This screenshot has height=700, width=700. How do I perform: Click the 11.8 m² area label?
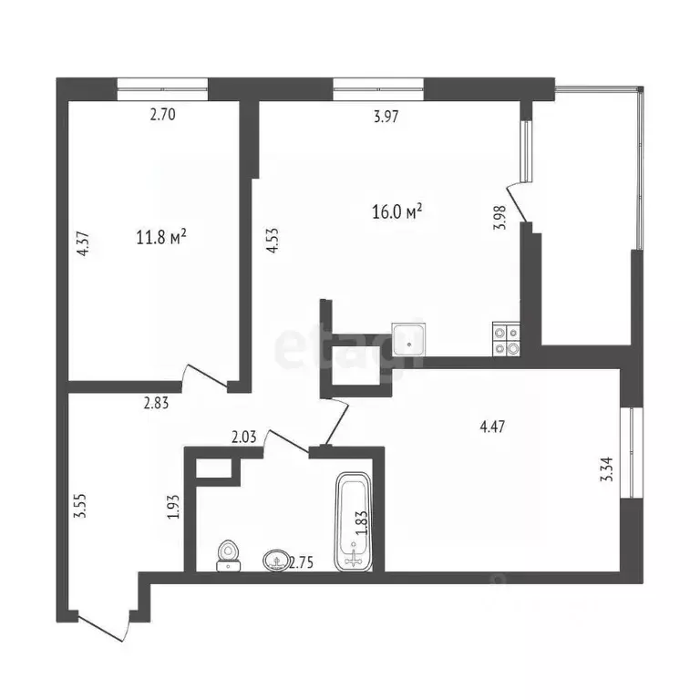(161, 239)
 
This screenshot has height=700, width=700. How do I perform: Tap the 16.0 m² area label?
(397, 212)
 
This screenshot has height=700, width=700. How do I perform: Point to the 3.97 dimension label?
(386, 116)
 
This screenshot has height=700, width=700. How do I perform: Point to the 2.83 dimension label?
(157, 400)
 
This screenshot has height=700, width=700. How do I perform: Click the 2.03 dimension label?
(244, 437)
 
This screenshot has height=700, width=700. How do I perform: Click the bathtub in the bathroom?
(353, 521)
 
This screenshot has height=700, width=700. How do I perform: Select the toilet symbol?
(229, 555)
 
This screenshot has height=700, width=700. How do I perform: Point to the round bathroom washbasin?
(274, 559)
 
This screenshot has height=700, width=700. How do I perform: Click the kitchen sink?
(409, 339)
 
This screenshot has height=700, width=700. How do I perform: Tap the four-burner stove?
(506, 339)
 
